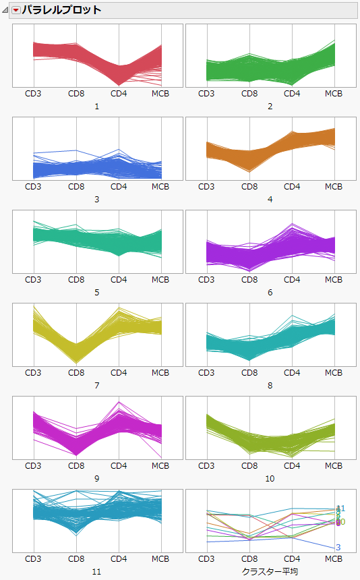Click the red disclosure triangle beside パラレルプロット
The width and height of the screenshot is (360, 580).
(x=16, y=10)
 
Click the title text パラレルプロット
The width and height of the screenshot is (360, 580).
(x=61, y=10)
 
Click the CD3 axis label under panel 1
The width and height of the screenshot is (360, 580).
(x=33, y=94)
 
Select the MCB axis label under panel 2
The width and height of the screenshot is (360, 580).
(x=334, y=94)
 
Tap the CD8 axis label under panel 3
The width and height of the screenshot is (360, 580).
(x=76, y=187)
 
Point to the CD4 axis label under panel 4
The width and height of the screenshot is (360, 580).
(x=292, y=187)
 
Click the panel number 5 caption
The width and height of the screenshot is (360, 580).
(x=97, y=292)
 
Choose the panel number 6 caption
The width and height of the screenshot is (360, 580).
(x=270, y=292)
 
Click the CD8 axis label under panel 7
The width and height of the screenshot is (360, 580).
(x=76, y=373)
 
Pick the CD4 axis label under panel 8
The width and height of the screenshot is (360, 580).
(x=292, y=373)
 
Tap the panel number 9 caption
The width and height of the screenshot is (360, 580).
(x=97, y=478)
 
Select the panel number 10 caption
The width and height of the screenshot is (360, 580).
(x=270, y=478)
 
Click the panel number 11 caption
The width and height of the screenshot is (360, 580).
(x=97, y=571)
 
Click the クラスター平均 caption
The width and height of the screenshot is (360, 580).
(x=270, y=571)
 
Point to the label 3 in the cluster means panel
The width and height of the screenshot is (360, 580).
(x=338, y=547)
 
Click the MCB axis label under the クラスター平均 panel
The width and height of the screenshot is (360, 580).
(x=334, y=559)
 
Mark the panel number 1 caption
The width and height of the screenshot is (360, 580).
(x=97, y=106)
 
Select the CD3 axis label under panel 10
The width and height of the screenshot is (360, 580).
(x=206, y=466)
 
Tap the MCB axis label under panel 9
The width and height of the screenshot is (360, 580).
(x=160, y=466)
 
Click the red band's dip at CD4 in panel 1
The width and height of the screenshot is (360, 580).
(x=119, y=74)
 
